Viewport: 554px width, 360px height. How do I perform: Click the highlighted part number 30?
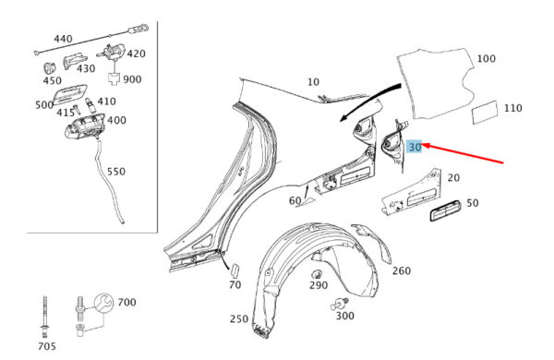[x=415, y=147]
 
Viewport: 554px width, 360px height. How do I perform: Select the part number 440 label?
[x=63, y=39]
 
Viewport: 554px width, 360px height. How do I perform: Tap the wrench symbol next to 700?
[x=103, y=303]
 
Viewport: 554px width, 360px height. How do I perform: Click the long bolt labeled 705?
[x=44, y=317]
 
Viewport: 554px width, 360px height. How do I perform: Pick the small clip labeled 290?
[x=316, y=274]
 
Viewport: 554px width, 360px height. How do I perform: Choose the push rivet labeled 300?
[x=341, y=304]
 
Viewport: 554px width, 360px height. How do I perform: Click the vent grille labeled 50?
[x=445, y=210]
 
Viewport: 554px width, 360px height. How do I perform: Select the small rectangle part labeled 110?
[x=485, y=113]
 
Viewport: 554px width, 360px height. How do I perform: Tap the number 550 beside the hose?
[x=116, y=172]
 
